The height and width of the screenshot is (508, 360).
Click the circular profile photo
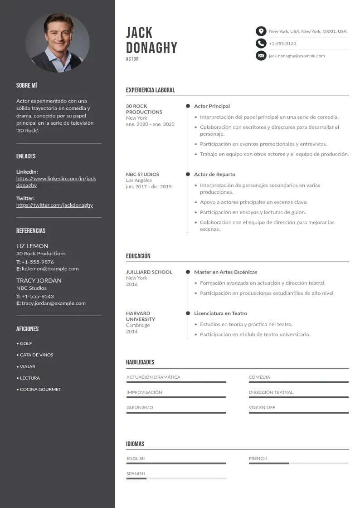pyautogui.click(x=58, y=43)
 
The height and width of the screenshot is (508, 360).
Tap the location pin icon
pyautogui.click(x=261, y=31)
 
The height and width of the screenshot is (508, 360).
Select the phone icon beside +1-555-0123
pyautogui.click(x=261, y=44)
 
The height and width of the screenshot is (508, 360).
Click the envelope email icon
pyautogui.click(x=261, y=56)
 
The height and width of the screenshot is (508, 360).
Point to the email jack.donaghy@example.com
pyautogui.click(x=297, y=56)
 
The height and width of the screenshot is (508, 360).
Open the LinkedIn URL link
pyautogui.click(x=56, y=182)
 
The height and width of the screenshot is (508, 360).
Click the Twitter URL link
pyautogui.click(x=54, y=205)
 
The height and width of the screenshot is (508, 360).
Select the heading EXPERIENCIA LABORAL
pyautogui.click(x=150, y=90)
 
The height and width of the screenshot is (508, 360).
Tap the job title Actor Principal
pyautogui.click(x=212, y=106)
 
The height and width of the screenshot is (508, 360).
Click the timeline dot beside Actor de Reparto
pyautogui.click(x=188, y=174)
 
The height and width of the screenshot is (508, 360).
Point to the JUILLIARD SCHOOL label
pyautogui.click(x=149, y=272)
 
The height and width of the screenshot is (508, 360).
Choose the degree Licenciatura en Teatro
pyautogui.click(x=220, y=313)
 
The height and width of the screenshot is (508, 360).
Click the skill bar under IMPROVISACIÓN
pyautogui.click(x=176, y=397)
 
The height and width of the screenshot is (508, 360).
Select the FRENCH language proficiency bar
pyautogui.click(x=298, y=463)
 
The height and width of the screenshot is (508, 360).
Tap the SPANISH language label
pyautogui.click(x=136, y=474)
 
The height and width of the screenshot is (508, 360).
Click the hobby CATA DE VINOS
pyautogui.click(x=36, y=355)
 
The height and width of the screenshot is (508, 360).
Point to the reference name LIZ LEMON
pyautogui.click(x=32, y=246)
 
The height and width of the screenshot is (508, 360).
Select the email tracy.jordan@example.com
pyautogui.click(x=54, y=303)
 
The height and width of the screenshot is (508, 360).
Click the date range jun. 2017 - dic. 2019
pyautogui.click(x=149, y=186)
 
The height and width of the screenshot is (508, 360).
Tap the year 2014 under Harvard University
pyautogui.click(x=132, y=332)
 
